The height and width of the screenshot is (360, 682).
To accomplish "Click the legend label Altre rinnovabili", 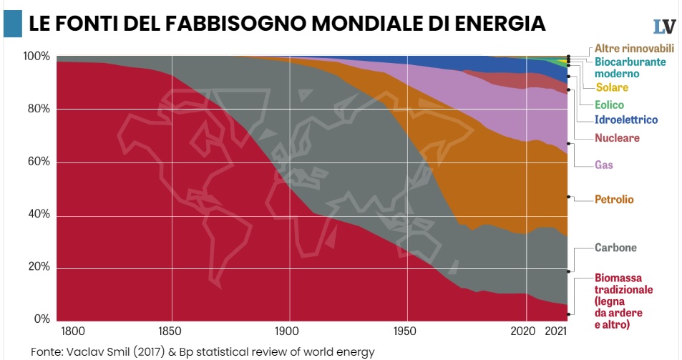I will pos(634,49).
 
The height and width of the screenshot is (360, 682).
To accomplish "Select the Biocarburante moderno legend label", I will pos(630,68).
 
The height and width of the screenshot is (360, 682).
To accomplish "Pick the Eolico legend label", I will pos(609,104).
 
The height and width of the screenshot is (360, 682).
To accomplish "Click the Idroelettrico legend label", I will pos(626,120).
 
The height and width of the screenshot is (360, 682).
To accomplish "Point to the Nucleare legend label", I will pos(617,137).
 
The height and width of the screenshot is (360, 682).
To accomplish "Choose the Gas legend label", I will pos(604,165).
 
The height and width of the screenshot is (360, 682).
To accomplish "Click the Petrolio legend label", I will pos(614,199).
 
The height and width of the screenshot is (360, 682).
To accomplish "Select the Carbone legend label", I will pos(615,248).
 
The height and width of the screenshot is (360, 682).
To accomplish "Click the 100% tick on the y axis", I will pos(36,56).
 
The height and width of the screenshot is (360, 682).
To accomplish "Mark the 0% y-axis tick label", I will pos(42,320).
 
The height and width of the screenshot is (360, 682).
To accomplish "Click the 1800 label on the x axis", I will pos(73,331).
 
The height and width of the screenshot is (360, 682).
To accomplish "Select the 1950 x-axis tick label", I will pos(406,331).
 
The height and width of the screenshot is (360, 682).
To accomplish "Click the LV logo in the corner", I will pos(664,26).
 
